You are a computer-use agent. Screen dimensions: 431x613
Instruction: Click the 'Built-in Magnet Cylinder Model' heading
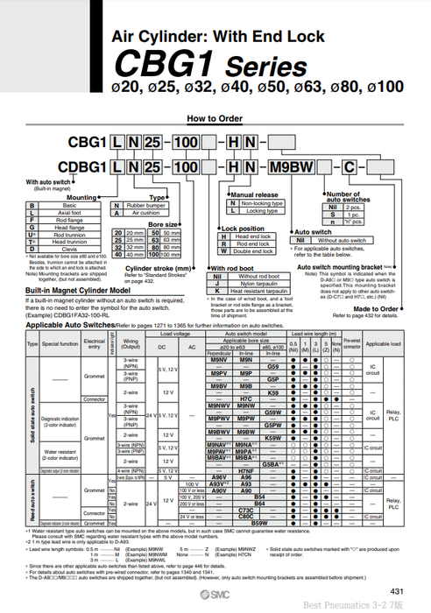77,288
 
